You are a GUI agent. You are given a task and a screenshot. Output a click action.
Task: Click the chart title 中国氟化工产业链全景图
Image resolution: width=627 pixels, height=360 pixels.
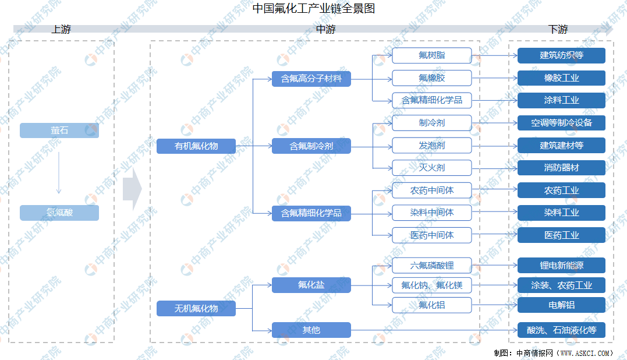(x=313, y=9)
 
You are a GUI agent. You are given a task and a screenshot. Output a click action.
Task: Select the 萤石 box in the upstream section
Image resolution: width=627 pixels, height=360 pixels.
(x=59, y=130)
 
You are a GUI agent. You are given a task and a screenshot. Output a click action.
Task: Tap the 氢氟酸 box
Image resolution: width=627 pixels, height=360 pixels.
(x=59, y=213)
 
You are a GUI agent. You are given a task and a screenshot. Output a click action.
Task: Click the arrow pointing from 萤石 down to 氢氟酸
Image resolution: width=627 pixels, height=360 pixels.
(x=59, y=172)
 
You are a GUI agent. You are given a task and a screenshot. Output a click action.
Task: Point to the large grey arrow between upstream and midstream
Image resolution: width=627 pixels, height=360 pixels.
(x=132, y=189)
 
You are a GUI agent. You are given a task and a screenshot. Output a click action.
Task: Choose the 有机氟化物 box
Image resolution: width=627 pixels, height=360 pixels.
(x=196, y=146)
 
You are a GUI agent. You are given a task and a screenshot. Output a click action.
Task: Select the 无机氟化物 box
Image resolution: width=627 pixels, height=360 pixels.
(x=196, y=308)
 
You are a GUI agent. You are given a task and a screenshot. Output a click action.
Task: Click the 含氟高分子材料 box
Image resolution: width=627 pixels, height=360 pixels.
(x=311, y=79)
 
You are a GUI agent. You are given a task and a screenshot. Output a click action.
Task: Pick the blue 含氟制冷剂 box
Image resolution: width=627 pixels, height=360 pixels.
(x=311, y=146)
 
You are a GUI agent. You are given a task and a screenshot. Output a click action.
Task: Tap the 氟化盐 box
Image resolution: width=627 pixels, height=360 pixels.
(x=311, y=285)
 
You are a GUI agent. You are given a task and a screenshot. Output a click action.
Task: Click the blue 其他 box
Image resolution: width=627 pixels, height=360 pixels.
(x=311, y=330)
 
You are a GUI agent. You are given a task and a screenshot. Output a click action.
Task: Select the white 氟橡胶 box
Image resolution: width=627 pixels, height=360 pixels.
(x=431, y=77)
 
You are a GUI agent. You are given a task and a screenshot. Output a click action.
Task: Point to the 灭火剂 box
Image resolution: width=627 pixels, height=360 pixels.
(x=431, y=168)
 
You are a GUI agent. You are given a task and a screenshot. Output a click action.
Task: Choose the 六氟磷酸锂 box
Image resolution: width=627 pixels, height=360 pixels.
(x=431, y=266)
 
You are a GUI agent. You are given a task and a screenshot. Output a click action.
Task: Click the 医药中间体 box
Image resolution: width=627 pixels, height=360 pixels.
(x=431, y=235)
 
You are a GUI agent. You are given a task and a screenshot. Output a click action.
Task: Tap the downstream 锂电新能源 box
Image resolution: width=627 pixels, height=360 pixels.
(x=561, y=266)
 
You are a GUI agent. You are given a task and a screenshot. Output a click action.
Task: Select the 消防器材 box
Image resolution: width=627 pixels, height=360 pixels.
(x=561, y=168)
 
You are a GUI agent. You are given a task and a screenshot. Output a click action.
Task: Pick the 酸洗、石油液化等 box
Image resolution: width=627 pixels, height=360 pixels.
(x=561, y=330)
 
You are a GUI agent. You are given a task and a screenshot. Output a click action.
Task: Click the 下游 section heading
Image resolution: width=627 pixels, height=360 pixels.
(x=558, y=30)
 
